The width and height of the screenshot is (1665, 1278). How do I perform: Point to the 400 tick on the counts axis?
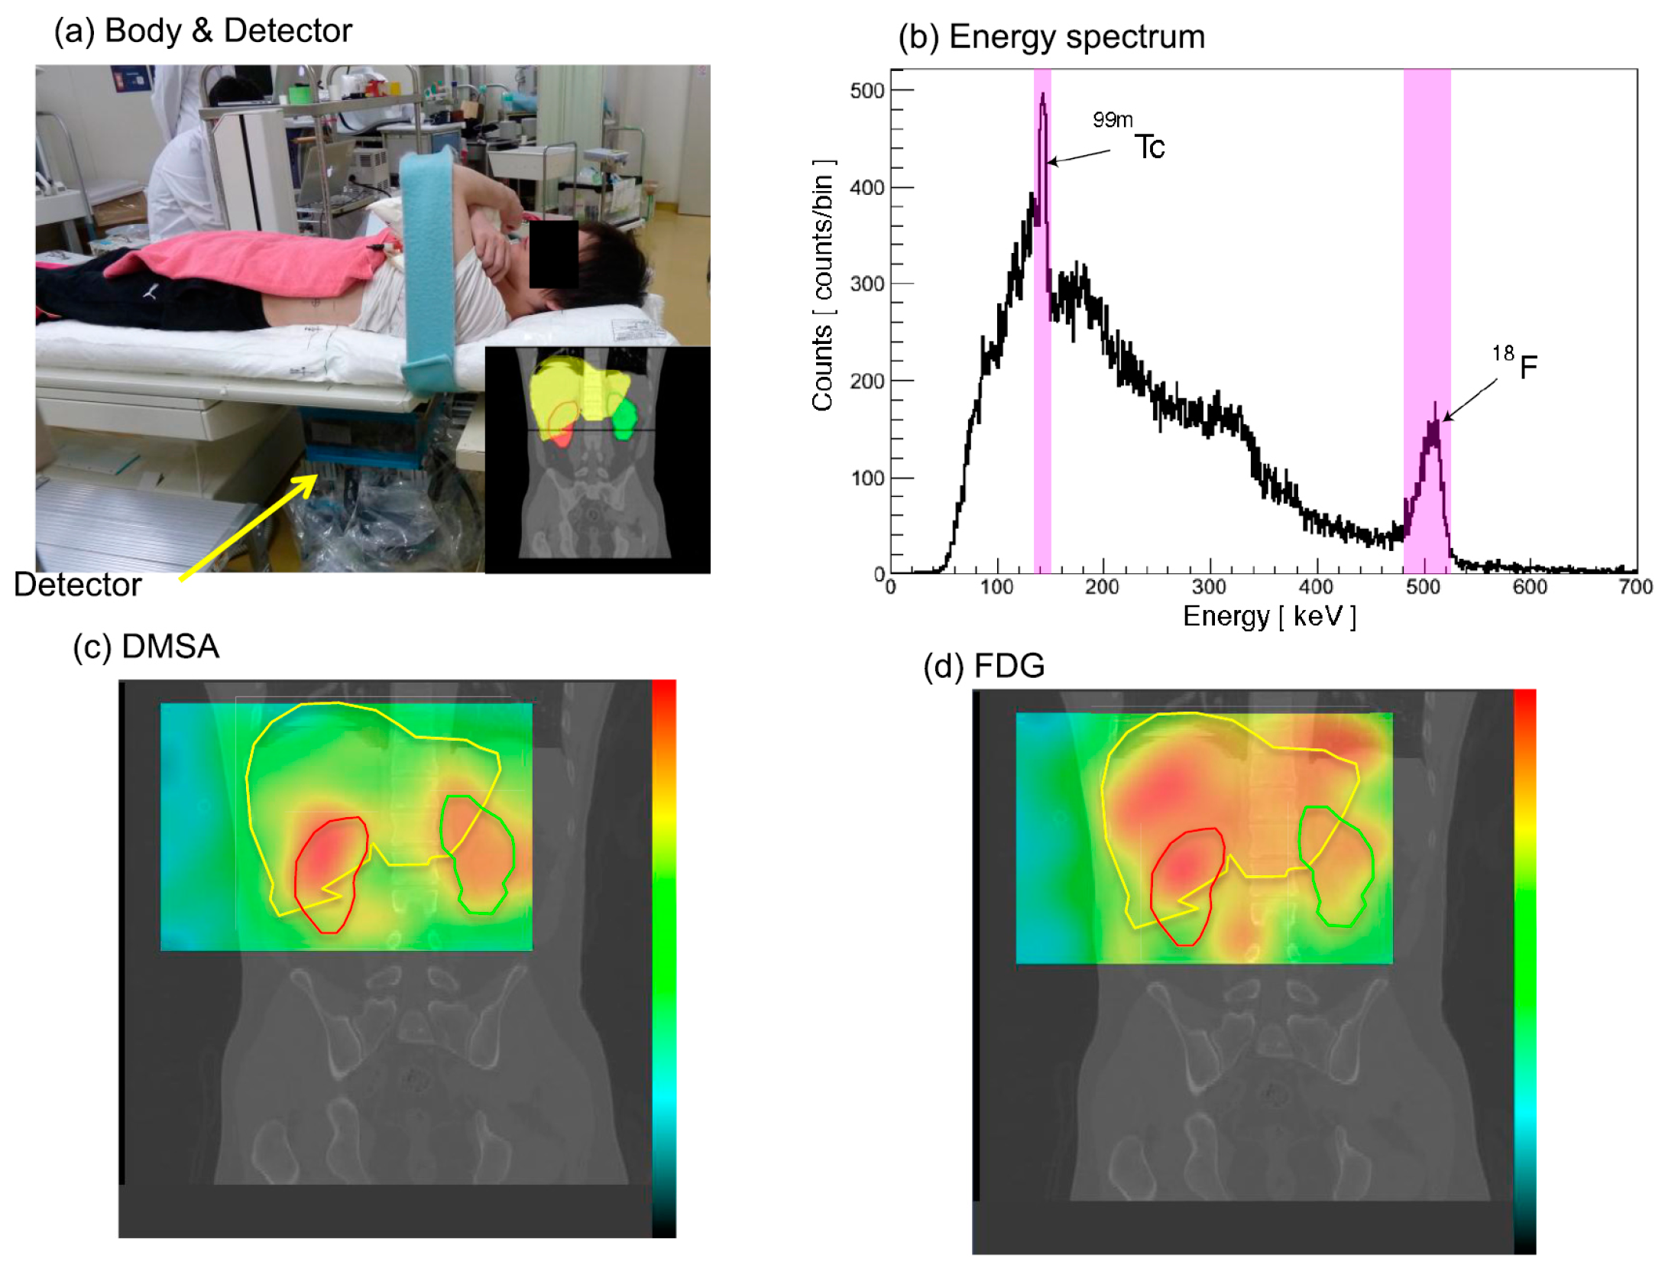point(867,187)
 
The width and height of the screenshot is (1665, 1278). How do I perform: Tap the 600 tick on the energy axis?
point(1530,587)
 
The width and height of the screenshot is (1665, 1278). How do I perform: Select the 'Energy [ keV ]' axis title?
point(1269,616)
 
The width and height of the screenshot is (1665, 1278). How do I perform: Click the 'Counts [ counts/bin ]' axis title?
point(823,286)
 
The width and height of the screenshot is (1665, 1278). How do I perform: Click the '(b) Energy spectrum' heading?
point(1051,37)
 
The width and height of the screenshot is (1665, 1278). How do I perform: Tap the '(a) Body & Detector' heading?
point(202,31)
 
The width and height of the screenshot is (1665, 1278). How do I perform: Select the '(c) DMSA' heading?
point(146,647)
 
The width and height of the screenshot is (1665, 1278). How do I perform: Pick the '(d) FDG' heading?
point(983,666)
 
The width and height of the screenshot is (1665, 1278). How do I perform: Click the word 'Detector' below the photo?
point(77,585)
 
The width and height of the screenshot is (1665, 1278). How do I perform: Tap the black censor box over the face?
point(553,254)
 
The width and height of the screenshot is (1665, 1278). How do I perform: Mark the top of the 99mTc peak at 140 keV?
point(1043,96)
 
